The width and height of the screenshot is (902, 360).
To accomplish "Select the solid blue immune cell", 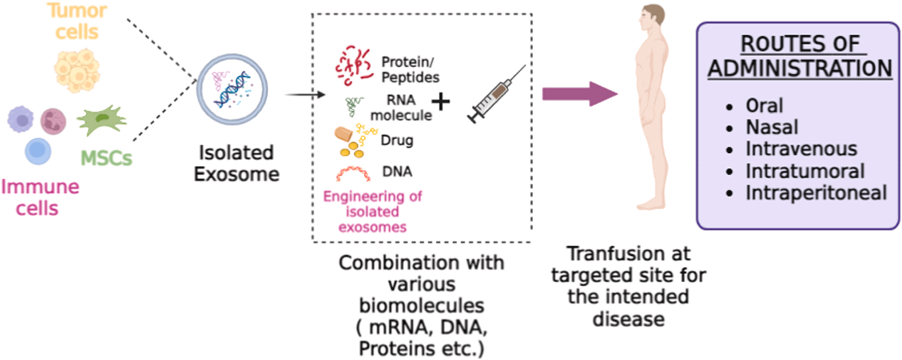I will click(38, 151).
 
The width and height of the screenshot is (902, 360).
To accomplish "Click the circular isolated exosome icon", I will click(232, 90).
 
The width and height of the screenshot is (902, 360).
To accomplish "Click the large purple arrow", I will click(579, 94).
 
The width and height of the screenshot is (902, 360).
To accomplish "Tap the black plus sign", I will click(441, 102).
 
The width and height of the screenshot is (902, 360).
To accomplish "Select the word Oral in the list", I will click(764, 106).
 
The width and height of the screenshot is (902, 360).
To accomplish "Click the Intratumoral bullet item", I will click(805, 171).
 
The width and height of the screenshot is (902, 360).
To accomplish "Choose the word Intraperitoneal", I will click(816, 193).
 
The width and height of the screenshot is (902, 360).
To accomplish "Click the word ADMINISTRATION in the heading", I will click(800, 69).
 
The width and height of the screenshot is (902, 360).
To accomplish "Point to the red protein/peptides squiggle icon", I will click(353, 65).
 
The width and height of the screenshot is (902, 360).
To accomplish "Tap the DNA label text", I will click(397, 172).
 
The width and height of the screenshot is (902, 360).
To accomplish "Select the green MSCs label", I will click(106, 158).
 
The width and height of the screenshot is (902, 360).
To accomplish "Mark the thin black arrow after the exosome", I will click(305, 95).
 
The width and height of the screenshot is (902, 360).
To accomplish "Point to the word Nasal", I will click(772, 127).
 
